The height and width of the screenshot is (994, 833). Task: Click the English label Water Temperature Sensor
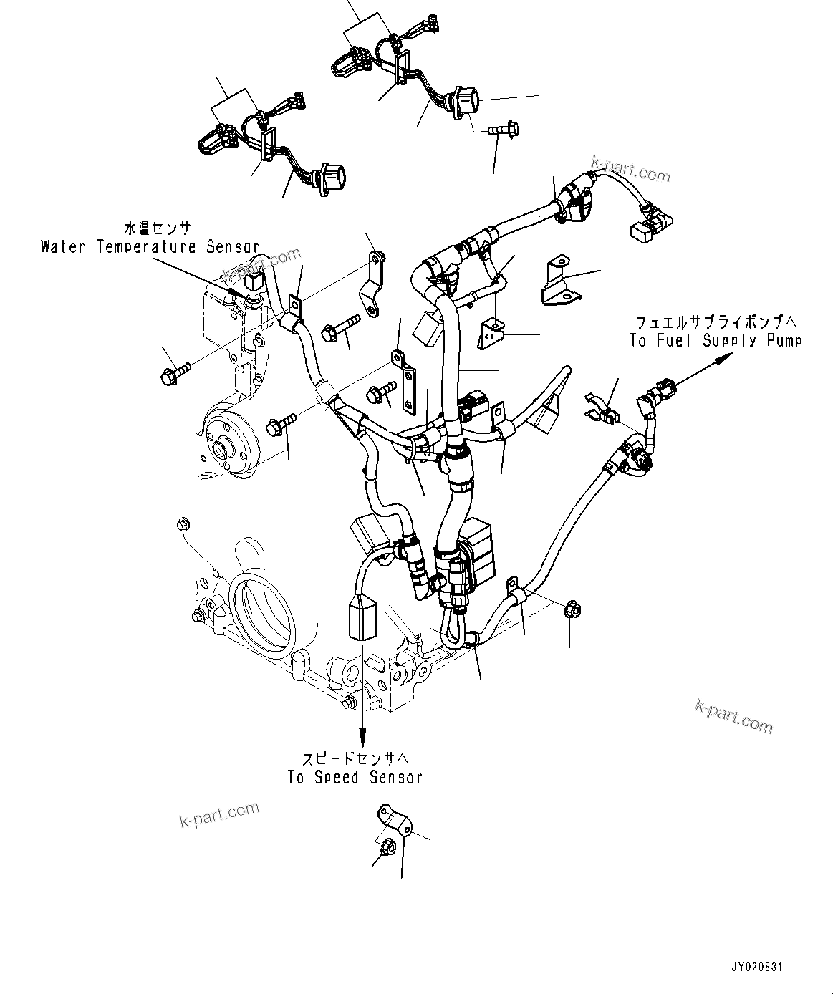click(x=150, y=247)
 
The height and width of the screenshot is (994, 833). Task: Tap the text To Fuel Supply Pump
click(x=716, y=340)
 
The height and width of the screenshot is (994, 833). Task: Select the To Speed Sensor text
click(x=355, y=777)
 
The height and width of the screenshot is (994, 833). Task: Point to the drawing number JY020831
click(x=756, y=967)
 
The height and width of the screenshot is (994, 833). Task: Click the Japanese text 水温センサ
click(x=158, y=228)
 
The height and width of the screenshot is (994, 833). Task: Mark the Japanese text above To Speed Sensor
click(x=356, y=757)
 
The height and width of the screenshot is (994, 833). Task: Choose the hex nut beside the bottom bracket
click(x=385, y=846)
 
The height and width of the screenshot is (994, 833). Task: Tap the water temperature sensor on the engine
click(x=253, y=286)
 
